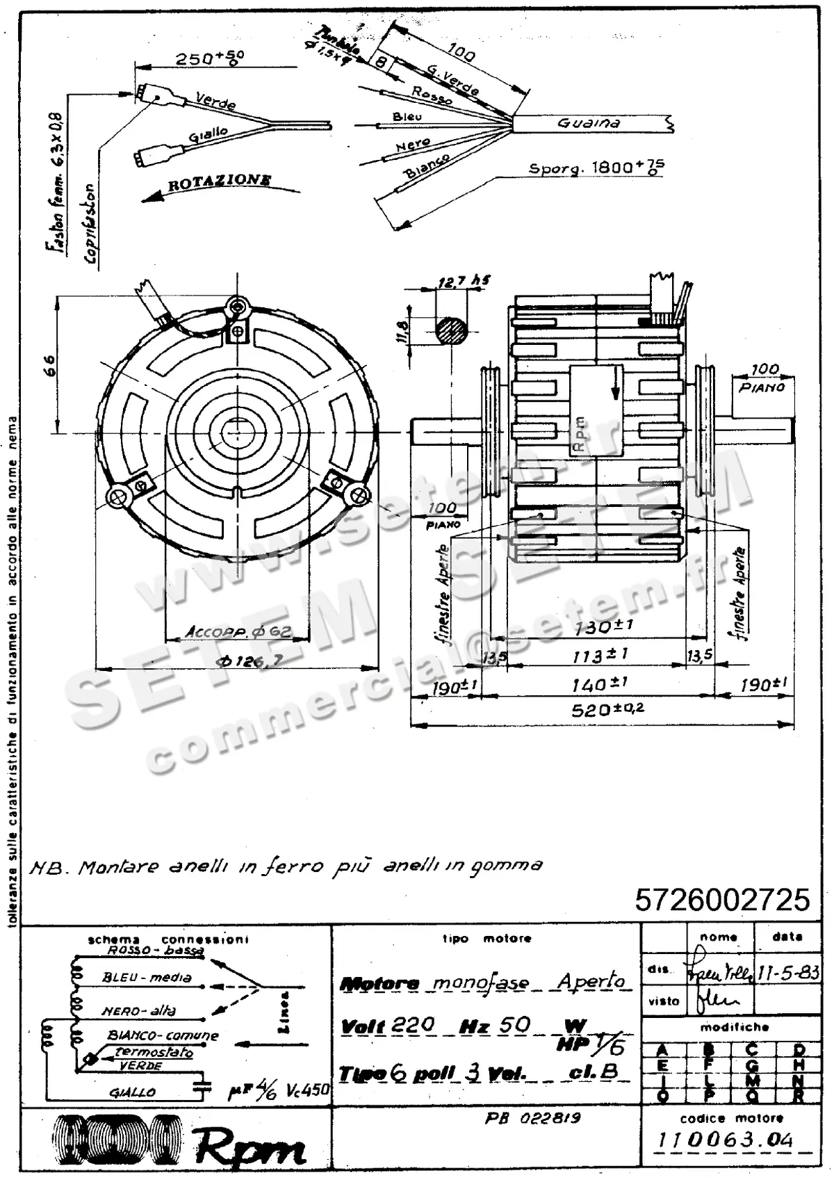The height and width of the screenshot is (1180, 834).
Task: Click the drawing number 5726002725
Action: click(x=722, y=900)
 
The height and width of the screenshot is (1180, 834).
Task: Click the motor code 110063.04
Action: click(x=725, y=1140)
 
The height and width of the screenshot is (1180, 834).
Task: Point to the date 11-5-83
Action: click(x=787, y=972)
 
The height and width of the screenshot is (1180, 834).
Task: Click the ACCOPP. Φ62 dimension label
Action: click(x=238, y=632)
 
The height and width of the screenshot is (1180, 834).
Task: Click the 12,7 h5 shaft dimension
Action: click(x=464, y=281)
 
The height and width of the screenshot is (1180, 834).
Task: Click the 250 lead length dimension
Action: click(x=208, y=58)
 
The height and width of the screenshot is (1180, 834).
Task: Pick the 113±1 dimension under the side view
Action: click(x=600, y=655)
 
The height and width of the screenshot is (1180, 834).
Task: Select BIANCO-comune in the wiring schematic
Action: click(x=163, y=1035)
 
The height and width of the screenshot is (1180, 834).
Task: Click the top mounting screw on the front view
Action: click(x=240, y=306)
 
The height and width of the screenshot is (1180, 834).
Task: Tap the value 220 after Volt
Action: click(x=413, y=1025)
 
